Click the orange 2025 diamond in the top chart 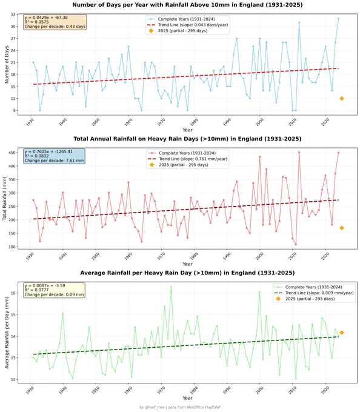point(342,99)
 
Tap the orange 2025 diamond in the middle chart point(342,228)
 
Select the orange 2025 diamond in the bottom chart point(342,333)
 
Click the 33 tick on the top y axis point(13,15)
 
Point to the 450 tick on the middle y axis point(12,153)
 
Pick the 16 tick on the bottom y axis point(13,293)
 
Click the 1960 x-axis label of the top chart point(128,122)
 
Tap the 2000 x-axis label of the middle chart point(259,256)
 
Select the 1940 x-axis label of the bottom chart point(62,390)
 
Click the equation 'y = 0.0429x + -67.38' point(46,18)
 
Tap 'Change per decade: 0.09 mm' point(54,294)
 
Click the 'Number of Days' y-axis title point(7,65)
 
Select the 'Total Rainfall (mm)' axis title point(4,199)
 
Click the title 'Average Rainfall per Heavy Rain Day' point(136,273)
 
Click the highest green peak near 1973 point(171,287)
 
